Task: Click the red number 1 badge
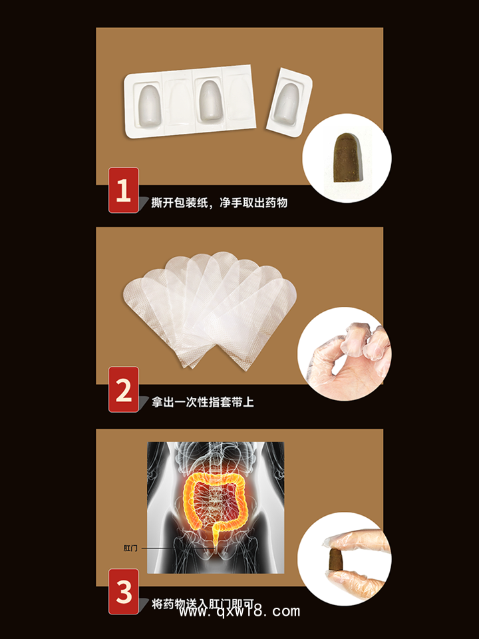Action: point(124,190)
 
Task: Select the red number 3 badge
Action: point(124,591)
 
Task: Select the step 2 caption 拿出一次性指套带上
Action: point(202,402)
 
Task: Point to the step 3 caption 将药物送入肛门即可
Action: point(204,604)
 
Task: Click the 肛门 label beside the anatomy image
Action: point(131,548)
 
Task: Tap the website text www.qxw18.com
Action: point(239,612)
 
